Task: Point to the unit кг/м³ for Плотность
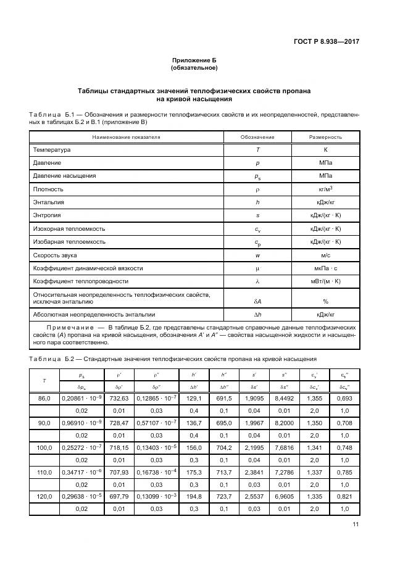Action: tap(325, 189)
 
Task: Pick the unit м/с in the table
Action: tap(325, 255)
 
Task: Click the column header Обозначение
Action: tap(257, 137)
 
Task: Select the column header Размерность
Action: tap(325, 137)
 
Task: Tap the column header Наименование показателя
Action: tap(126, 137)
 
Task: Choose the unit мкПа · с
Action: tap(325, 268)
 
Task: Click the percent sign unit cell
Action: tap(325, 301)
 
